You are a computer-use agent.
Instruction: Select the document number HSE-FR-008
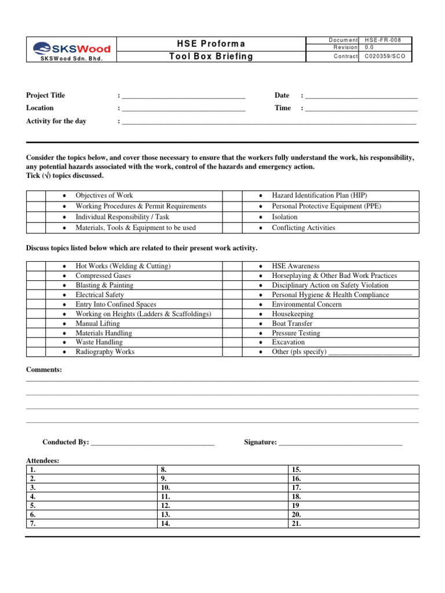tap(385, 40)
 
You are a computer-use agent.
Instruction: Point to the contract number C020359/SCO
tap(385, 56)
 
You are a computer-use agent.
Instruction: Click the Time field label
tap(283, 108)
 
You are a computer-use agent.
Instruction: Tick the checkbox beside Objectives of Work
tap(36, 196)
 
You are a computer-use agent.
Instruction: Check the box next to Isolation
tap(232, 217)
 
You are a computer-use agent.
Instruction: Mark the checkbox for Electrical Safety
tap(36, 295)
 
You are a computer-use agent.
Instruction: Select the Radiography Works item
tap(105, 352)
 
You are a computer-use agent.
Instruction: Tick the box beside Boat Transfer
tap(232, 324)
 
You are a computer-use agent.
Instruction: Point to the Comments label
tap(44, 370)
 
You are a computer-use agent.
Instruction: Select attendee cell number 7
tap(92, 524)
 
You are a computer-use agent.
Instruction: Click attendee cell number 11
tap(222, 497)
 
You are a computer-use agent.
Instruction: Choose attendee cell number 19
tap(353, 506)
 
